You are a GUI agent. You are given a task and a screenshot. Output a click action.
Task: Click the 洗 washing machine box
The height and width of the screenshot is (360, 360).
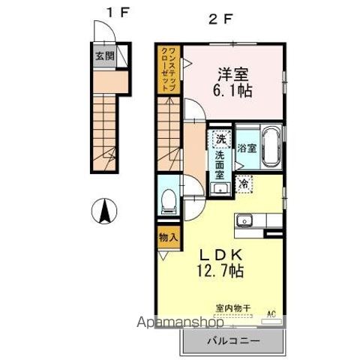pyautogui.click(x=220, y=139)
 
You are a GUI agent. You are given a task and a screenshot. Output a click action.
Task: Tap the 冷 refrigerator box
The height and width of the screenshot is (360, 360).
pyautogui.click(x=244, y=182)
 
